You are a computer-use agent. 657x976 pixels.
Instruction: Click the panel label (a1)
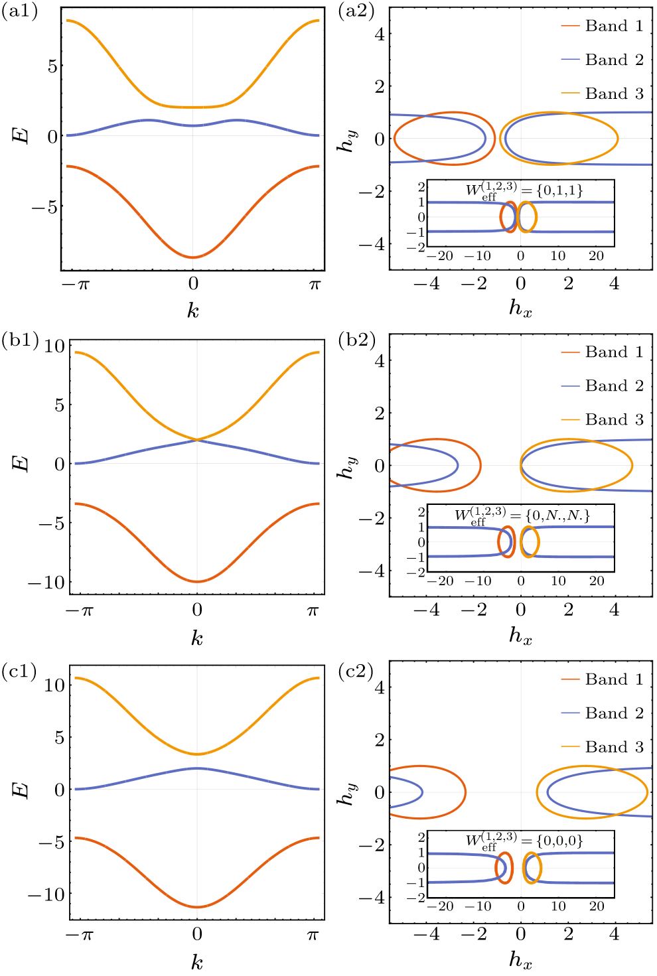point(20,12)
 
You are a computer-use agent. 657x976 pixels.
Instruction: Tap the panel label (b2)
point(356,340)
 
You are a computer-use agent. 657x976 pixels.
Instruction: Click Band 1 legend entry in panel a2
point(603,26)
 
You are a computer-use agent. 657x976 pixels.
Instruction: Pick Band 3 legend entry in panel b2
point(603,419)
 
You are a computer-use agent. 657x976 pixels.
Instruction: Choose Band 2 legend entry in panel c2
point(603,713)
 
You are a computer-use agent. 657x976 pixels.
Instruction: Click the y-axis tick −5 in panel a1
point(44,207)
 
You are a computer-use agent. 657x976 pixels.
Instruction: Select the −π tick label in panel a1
point(76,285)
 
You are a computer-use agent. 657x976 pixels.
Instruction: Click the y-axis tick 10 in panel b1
point(54,346)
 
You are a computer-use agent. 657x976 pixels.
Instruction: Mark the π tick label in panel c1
point(313,935)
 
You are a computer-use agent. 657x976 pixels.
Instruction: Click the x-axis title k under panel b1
point(196,638)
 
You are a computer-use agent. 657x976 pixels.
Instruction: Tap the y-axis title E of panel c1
point(21,790)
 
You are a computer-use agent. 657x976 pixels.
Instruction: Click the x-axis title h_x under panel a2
point(520,308)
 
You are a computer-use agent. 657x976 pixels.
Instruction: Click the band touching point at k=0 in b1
point(197,439)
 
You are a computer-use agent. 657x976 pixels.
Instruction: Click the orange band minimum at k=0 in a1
point(193,107)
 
